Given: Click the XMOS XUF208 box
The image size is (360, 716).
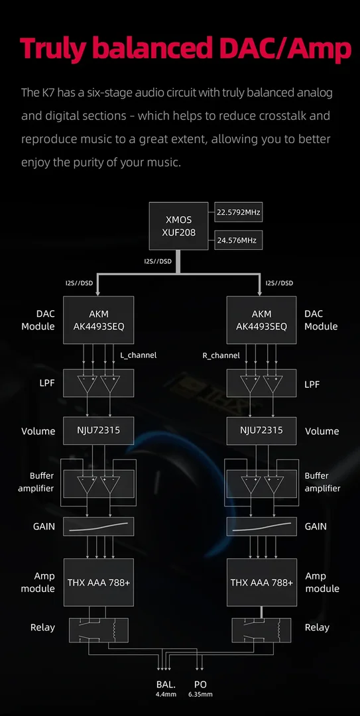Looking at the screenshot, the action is click(x=178, y=226).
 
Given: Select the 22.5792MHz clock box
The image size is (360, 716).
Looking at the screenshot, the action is click(x=239, y=212).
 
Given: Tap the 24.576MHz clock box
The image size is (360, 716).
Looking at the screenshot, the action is click(x=239, y=240).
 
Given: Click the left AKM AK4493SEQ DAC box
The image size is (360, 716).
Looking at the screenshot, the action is click(x=99, y=320).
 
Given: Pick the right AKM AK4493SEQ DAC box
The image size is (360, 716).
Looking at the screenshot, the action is click(x=261, y=320).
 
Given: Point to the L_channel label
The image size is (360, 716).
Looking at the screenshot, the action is click(x=138, y=355).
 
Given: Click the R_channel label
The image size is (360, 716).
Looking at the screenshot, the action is click(x=221, y=355).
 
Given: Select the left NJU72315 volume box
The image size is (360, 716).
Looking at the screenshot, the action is click(x=99, y=431).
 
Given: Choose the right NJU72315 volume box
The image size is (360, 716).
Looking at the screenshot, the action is click(x=261, y=431).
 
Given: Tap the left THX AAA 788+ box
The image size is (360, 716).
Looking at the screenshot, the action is click(x=99, y=582).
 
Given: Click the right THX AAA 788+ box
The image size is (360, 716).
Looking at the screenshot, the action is click(x=261, y=582).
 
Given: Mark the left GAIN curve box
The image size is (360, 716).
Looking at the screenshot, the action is click(x=99, y=526).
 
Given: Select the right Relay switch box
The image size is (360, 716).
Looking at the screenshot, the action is click(x=261, y=630).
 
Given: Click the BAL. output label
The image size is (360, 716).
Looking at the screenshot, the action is click(x=166, y=684).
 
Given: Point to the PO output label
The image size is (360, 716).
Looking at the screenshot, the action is click(x=200, y=684).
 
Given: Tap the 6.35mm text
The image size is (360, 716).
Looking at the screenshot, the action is click(x=200, y=695).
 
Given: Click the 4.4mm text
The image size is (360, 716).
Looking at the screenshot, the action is click(x=166, y=695).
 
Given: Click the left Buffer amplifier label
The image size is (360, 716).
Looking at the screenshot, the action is click(x=36, y=482).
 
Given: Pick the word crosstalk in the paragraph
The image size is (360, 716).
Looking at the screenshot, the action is click(x=278, y=115).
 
